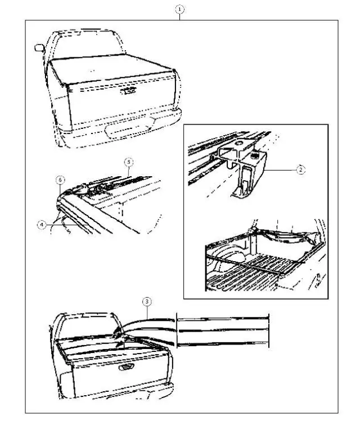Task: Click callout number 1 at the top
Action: (x=180, y=10)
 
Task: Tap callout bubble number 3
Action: (x=146, y=302)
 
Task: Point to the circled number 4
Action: (x=42, y=224)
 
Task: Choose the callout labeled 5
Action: (x=128, y=161)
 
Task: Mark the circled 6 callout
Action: (x=60, y=180)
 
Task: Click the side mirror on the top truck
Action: (x=39, y=47)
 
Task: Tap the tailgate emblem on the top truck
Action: (x=128, y=90)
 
